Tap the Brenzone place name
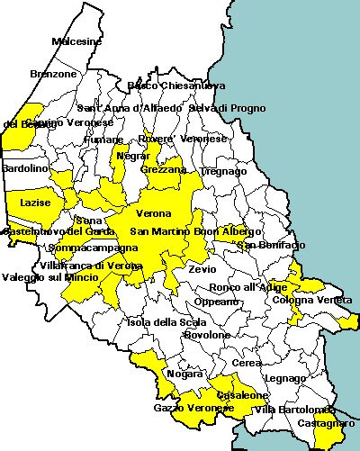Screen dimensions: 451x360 click(53, 74)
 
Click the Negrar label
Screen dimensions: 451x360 click(133, 156)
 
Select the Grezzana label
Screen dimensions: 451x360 click(164, 169)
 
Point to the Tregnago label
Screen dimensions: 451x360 click(223, 170)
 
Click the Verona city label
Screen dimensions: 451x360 click(153, 214)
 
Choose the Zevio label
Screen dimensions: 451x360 click(202, 268)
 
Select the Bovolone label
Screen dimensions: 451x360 click(208, 335)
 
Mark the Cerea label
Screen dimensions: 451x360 click(247, 363)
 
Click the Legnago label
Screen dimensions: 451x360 click(285, 378)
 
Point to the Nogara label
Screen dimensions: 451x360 click(184, 374)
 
